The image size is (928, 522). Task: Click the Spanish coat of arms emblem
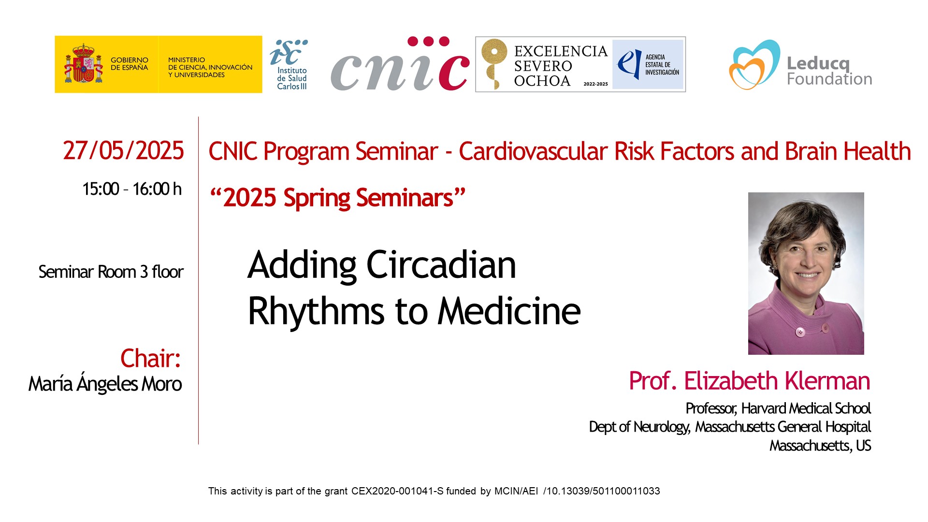pos(84,63)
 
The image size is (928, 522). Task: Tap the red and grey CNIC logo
pos(400,63)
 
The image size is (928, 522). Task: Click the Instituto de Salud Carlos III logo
pos(289,65)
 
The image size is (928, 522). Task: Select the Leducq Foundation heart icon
pos(754,65)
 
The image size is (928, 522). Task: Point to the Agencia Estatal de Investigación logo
pos(648,65)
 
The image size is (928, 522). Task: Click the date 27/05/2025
pos(123,150)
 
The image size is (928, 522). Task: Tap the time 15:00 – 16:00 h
pos(132,189)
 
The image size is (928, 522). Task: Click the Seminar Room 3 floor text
pos(111,272)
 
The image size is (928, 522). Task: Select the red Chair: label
pos(150,358)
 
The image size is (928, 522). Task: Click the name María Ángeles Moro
pos(105,384)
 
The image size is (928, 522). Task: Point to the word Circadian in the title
pos(441,265)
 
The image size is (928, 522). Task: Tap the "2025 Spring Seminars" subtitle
pos(337,198)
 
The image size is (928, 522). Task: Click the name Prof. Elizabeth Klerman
pos(750,381)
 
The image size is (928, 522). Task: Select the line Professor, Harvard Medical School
pos(778,408)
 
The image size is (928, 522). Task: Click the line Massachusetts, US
pos(820,445)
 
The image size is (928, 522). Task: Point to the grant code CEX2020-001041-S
pos(397,491)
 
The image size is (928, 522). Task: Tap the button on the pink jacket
pos(800,332)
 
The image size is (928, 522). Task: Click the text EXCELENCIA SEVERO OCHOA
pos(561,66)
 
